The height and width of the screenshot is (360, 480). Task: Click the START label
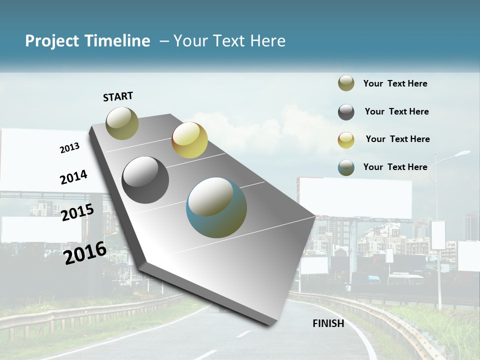(118, 96)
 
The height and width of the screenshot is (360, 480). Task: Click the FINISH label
(328, 323)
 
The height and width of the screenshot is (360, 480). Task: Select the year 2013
(69, 148)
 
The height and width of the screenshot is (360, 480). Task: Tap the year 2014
(73, 177)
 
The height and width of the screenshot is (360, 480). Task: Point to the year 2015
(77, 212)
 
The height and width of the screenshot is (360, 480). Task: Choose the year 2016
(85, 252)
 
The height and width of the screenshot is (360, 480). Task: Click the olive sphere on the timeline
(122, 123)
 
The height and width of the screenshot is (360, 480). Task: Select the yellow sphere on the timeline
(189, 140)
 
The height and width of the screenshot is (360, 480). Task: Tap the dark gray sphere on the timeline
(145, 180)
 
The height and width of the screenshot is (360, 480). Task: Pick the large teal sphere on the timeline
(216, 207)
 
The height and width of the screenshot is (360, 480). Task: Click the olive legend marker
(346, 83)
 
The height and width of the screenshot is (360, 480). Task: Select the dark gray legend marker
(346, 112)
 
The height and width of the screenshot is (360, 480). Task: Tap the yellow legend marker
(346, 140)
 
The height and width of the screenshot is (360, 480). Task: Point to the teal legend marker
(346, 167)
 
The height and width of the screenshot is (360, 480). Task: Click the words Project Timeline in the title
(87, 41)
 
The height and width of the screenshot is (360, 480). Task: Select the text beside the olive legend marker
(395, 83)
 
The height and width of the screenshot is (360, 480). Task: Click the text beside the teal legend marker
(395, 167)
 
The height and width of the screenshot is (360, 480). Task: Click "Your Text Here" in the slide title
(229, 41)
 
